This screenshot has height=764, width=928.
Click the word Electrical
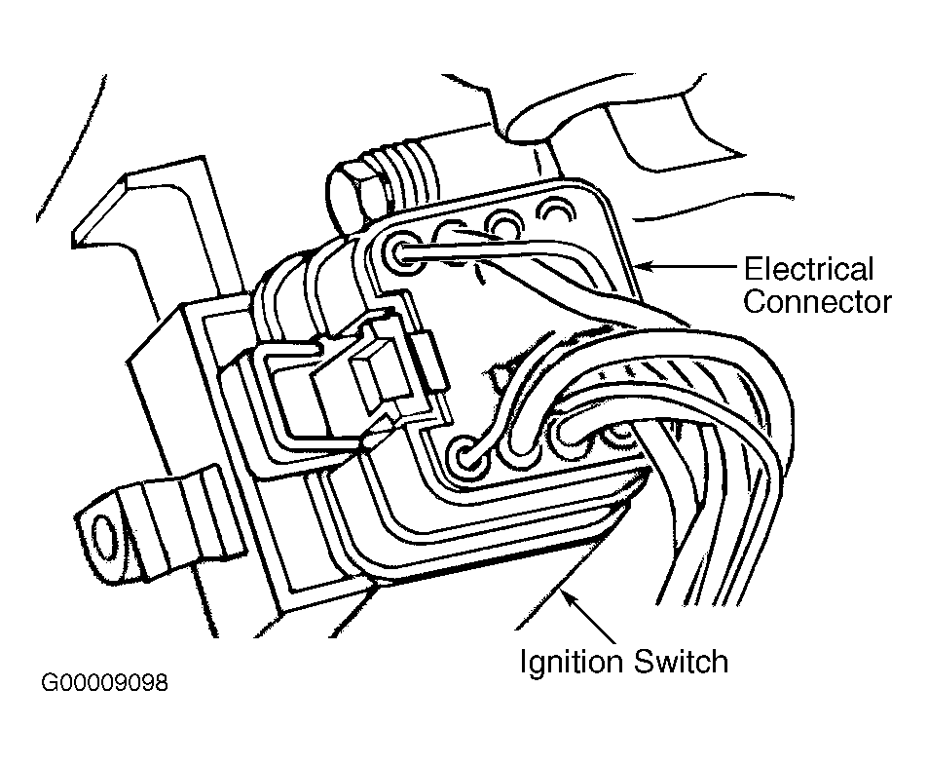coord(808,269)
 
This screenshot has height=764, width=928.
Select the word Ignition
coord(572,662)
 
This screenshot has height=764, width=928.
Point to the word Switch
coord(682,661)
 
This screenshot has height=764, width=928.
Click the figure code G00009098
coord(105,683)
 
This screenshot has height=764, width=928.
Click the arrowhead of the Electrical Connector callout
coord(645,266)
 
